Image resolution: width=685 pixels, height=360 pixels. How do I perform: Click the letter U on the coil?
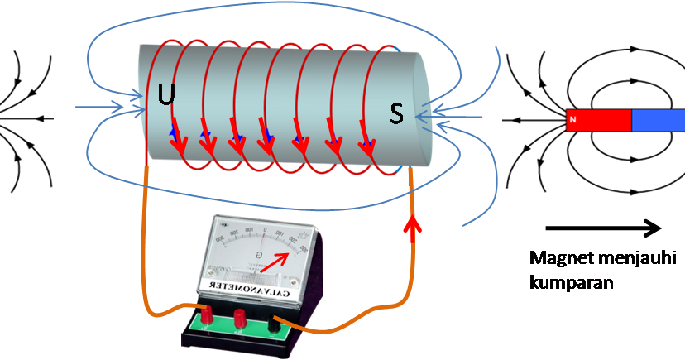point(167,95)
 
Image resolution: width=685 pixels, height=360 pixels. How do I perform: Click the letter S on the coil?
point(397,116)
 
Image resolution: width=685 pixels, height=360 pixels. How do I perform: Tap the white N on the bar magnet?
point(572,122)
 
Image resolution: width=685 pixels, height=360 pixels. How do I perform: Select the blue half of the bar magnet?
point(658,121)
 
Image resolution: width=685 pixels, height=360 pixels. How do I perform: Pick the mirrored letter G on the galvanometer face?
point(258,254)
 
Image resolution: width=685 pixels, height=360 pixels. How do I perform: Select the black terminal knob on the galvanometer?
point(273,324)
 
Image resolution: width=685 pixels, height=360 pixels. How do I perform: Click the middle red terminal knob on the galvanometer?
point(241,318)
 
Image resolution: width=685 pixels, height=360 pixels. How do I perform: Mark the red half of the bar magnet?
point(598,122)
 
